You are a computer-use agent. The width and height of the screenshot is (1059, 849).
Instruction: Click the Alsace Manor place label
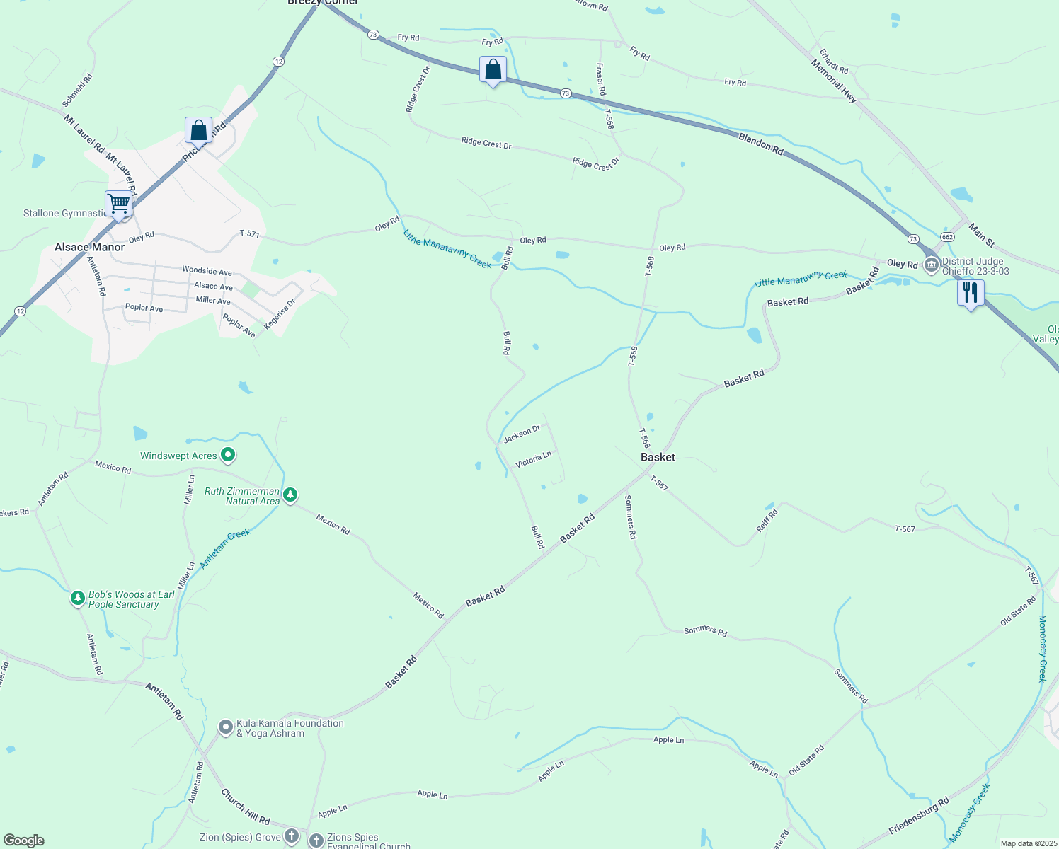coord(89,247)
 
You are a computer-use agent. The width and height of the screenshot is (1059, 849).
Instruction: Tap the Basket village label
coord(658,457)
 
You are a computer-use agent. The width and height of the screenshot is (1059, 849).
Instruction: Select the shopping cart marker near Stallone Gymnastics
coord(119,204)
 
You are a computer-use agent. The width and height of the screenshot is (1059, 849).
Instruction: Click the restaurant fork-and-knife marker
coord(971,293)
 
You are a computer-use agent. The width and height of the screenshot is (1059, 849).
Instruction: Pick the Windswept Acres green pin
coord(228,455)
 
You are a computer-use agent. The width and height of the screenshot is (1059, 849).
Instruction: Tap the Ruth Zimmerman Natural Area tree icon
coord(290,495)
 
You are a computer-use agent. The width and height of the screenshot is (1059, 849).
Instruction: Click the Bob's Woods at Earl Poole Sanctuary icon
coord(78,599)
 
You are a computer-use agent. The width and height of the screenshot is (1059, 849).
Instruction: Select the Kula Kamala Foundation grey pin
coord(226,727)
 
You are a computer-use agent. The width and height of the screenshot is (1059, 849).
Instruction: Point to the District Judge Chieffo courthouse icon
coord(932,265)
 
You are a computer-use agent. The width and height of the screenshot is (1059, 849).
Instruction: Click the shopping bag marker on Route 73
coord(493,71)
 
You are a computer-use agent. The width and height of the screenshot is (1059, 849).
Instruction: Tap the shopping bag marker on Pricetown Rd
coord(198,131)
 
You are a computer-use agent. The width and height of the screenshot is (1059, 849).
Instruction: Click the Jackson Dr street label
coord(522,434)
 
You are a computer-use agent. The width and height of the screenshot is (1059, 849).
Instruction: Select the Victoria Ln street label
coord(533,460)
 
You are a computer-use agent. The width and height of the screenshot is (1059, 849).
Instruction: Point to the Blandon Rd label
coord(761,144)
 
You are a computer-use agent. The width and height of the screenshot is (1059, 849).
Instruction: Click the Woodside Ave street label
coord(207,271)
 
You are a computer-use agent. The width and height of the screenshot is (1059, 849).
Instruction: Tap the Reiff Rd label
coord(767,520)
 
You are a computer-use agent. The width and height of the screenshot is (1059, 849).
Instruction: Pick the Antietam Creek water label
coord(225,548)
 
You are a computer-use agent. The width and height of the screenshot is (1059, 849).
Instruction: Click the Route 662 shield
coord(947,236)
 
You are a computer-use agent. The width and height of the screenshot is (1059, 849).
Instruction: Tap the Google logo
coord(24,841)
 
